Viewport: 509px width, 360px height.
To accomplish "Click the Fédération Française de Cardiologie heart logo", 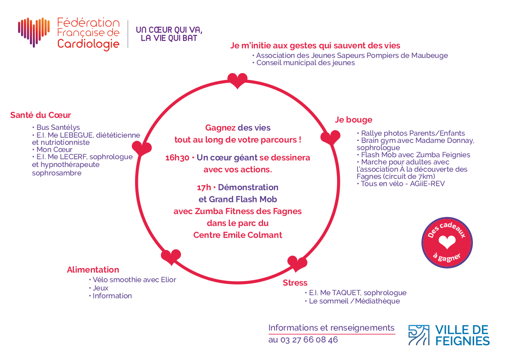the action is [x=34, y=32].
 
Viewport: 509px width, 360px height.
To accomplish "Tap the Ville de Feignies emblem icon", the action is [x=419, y=335].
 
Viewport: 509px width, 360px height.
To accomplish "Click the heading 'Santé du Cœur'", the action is [x=41, y=115].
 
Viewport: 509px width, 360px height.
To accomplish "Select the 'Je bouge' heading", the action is [x=353, y=120].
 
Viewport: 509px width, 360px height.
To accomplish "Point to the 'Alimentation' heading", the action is [x=93, y=270].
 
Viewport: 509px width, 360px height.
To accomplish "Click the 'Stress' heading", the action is [x=295, y=283].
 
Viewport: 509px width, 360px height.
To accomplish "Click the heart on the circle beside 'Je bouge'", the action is [x=330, y=137].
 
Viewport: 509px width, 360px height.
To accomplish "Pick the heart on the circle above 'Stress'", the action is [x=297, y=264].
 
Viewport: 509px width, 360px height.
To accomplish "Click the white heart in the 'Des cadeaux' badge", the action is [x=447, y=242].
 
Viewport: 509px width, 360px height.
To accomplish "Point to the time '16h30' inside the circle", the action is [x=177, y=158].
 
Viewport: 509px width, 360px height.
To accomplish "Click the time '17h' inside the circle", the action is [x=204, y=188].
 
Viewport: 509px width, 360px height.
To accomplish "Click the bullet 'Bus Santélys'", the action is [x=56, y=127].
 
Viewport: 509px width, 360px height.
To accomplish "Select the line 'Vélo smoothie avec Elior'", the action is [x=133, y=280].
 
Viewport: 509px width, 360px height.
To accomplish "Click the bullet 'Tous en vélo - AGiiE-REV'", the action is [x=401, y=183].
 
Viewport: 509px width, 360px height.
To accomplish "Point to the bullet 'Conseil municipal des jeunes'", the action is [x=303, y=63].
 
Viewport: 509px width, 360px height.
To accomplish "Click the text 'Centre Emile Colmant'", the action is [x=238, y=235].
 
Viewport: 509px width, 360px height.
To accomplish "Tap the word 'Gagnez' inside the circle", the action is [x=220, y=128].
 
